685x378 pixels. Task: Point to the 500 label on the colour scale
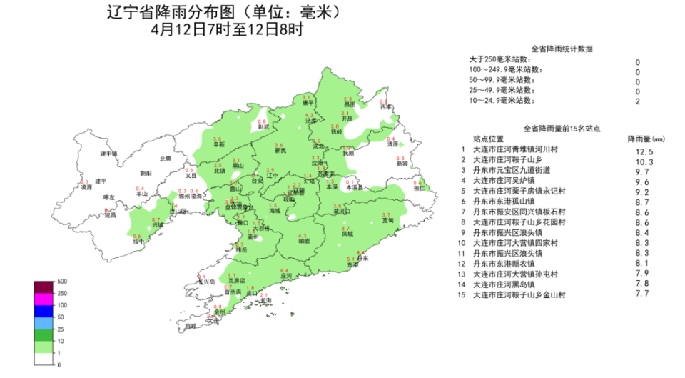(x=62, y=281)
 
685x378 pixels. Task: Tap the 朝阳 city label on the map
(x=146, y=173)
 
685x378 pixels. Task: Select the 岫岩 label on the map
(x=303, y=241)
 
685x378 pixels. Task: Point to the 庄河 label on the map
(x=285, y=275)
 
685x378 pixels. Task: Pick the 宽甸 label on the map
(x=387, y=220)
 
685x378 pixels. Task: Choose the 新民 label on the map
(x=280, y=151)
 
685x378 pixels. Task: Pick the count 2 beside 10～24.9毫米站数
(x=638, y=102)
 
